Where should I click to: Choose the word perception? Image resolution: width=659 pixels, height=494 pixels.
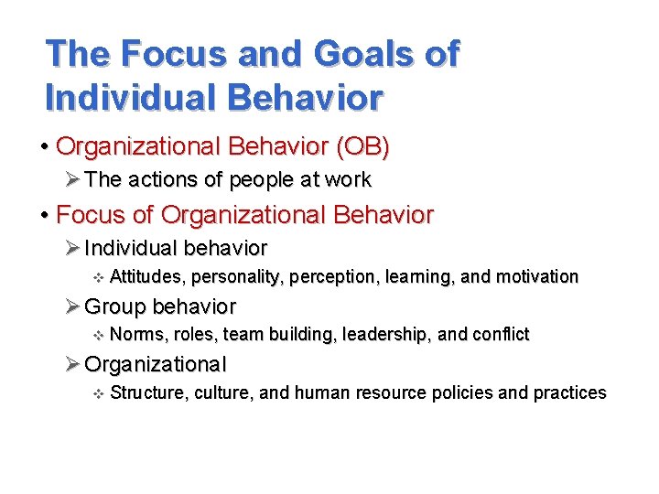point(321,276)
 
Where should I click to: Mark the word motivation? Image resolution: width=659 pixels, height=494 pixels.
point(537,276)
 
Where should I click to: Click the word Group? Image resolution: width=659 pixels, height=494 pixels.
point(116,306)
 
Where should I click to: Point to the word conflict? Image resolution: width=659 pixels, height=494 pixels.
point(501,335)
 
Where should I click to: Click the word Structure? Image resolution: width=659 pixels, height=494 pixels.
point(145,393)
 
